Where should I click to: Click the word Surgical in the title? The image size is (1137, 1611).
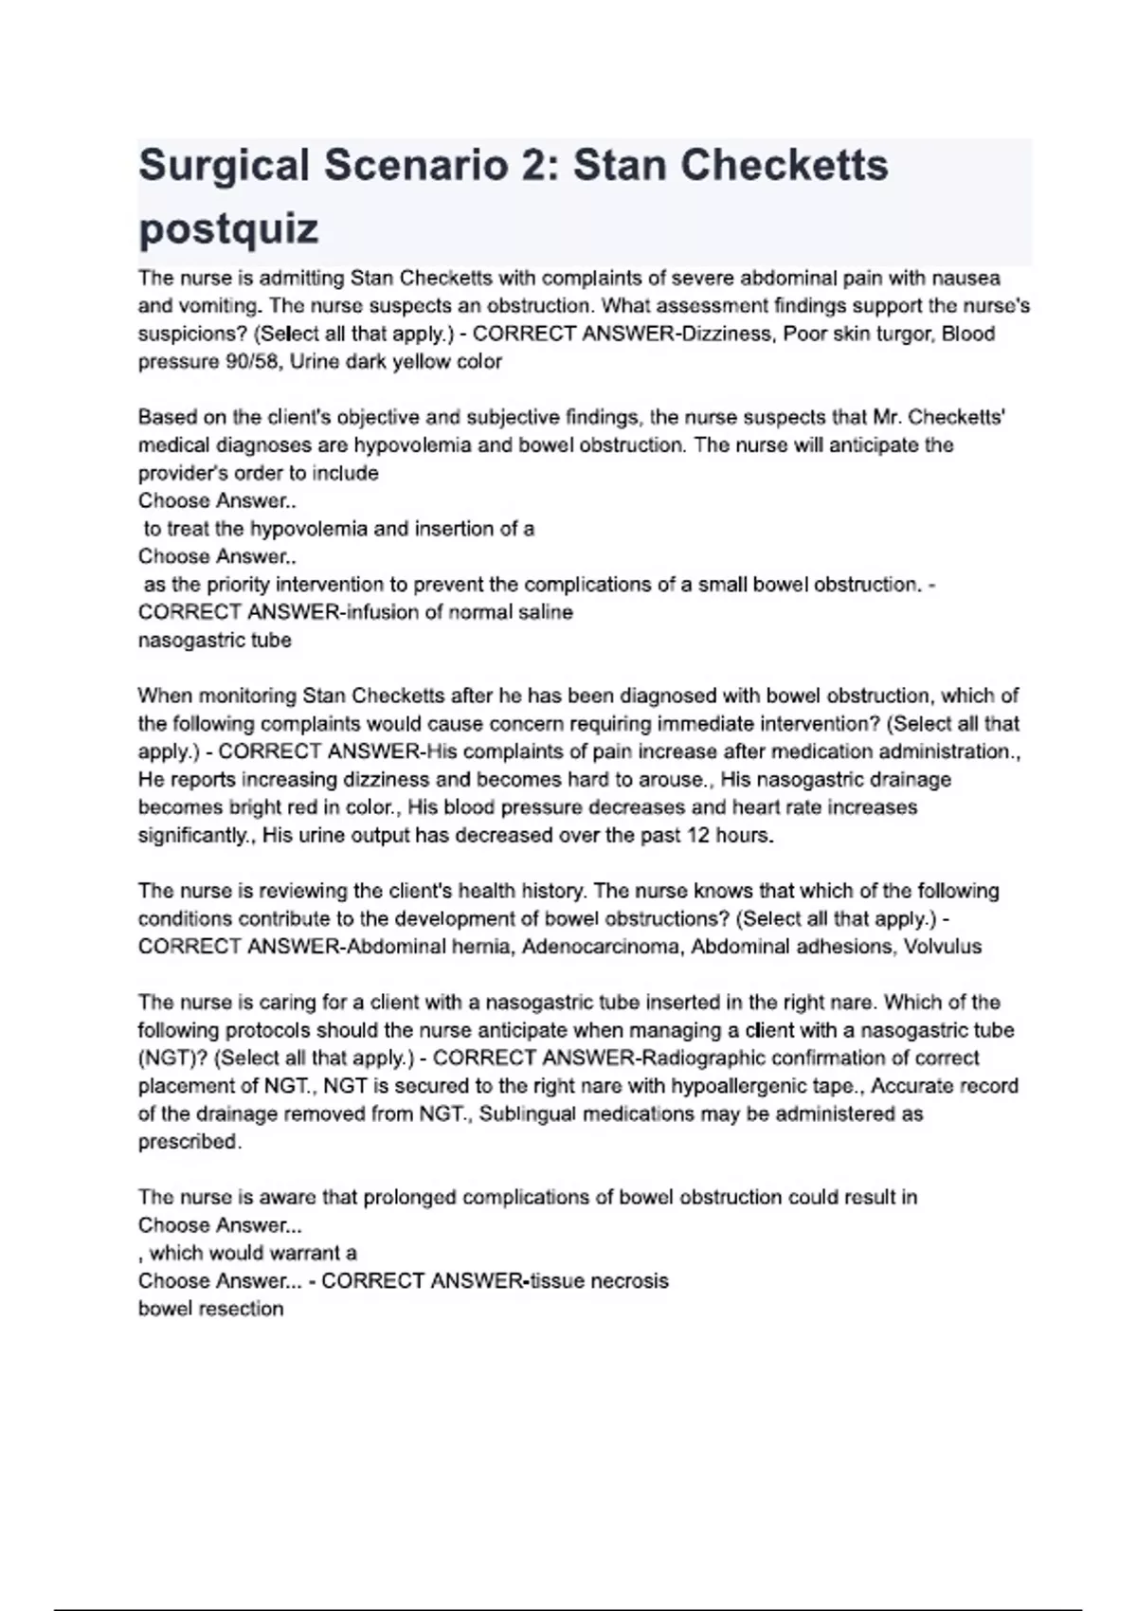(224, 166)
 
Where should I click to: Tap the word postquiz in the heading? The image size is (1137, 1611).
(228, 228)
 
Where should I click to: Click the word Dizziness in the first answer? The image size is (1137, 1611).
(727, 334)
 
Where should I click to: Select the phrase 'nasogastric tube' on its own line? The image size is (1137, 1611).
(215, 640)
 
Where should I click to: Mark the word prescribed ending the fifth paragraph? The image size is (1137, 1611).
(189, 1141)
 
